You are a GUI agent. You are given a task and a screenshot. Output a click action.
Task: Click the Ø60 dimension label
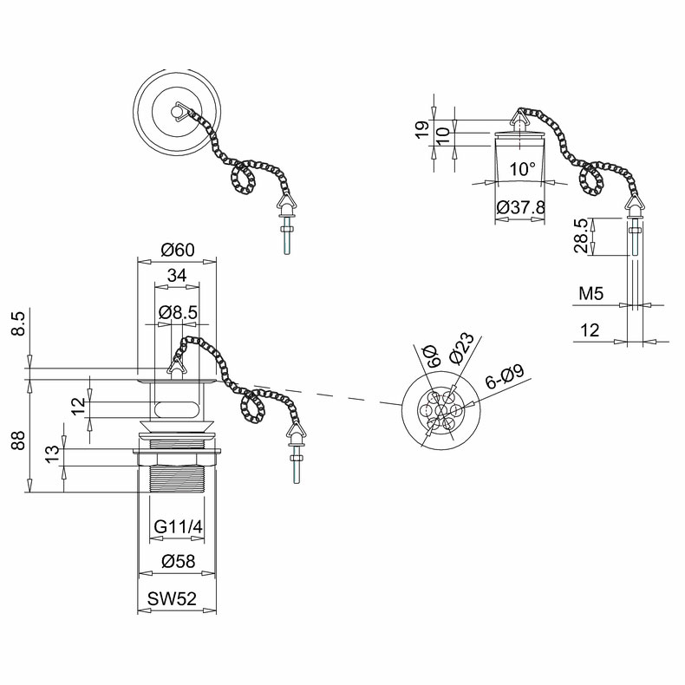click(177, 250)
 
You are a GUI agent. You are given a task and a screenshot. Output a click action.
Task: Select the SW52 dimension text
click(172, 598)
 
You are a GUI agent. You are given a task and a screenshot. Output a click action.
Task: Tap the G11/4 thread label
click(179, 527)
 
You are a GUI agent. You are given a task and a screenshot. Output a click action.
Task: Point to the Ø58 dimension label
click(179, 561)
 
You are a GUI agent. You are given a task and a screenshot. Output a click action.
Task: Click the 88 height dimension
click(18, 440)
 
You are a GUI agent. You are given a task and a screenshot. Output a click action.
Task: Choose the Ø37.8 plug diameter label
click(521, 206)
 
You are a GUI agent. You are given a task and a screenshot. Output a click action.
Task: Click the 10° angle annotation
click(523, 169)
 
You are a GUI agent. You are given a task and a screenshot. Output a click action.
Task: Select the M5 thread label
click(590, 294)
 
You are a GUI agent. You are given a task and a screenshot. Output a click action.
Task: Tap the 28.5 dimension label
click(581, 236)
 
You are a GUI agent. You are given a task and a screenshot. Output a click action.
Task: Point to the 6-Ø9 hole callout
click(505, 377)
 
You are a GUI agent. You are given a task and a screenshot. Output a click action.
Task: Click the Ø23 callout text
click(461, 349)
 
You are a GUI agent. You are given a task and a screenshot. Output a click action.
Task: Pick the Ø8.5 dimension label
click(179, 312)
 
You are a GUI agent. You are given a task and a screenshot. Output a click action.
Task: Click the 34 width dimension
click(177, 275)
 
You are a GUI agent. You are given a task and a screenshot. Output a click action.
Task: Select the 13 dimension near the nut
click(52, 454)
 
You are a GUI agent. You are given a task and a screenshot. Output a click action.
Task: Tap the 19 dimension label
click(423, 130)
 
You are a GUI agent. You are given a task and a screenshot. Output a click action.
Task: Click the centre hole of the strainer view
click(440, 410)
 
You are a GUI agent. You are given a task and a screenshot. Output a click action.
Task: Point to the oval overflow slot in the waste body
click(177, 409)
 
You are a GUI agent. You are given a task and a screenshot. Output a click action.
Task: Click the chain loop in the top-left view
click(243, 176)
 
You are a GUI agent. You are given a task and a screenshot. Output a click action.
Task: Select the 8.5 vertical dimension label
click(18, 323)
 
